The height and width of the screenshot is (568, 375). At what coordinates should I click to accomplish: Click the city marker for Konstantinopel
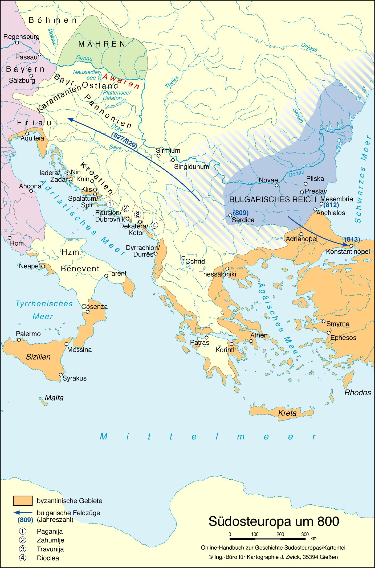coord(351,246)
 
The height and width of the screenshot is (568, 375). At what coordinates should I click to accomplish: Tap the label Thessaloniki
coord(218,274)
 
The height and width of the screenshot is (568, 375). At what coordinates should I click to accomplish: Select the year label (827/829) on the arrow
coord(125,140)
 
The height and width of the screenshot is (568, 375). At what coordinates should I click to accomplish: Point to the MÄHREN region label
coord(102,44)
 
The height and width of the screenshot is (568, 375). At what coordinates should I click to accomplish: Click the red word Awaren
coord(121,81)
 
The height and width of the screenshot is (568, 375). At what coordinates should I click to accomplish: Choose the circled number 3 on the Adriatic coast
coord(137,214)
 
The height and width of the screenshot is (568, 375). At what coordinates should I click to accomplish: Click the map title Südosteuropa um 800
coord(274,522)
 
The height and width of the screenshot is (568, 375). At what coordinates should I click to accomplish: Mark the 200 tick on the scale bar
coord(280,534)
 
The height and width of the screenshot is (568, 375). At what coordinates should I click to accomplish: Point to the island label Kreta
coord(287,413)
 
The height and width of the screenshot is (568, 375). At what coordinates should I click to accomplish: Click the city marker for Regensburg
coord(17,42)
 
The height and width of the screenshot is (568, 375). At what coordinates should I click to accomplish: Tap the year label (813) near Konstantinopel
coord(352,239)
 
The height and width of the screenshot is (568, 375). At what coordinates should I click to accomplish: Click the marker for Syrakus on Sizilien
coord(61,374)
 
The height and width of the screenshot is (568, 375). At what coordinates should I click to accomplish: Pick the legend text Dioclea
coord(48,558)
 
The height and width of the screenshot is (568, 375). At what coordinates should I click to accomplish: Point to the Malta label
coord(54,398)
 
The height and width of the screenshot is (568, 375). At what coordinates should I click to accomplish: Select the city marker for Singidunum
coord(173,160)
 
